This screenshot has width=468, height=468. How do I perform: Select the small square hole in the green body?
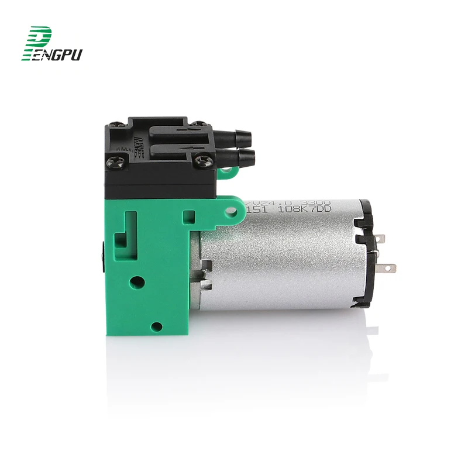click(x=188, y=217)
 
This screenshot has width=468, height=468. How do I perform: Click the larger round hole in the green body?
click(x=137, y=282)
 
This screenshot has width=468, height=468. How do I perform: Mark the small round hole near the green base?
click(x=157, y=326)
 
